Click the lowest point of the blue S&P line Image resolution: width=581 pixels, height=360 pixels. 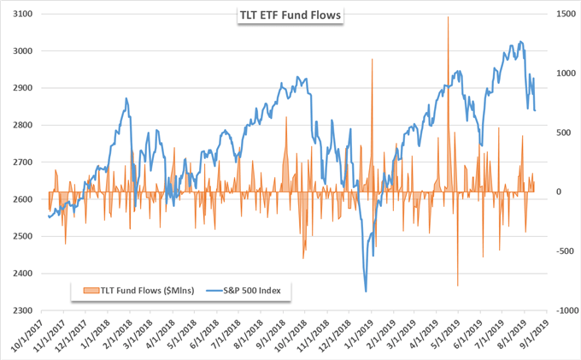[x=366, y=292]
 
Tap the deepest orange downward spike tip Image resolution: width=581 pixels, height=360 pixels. [x=458, y=286]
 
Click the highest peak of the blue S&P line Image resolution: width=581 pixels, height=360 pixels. [x=520, y=41]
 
